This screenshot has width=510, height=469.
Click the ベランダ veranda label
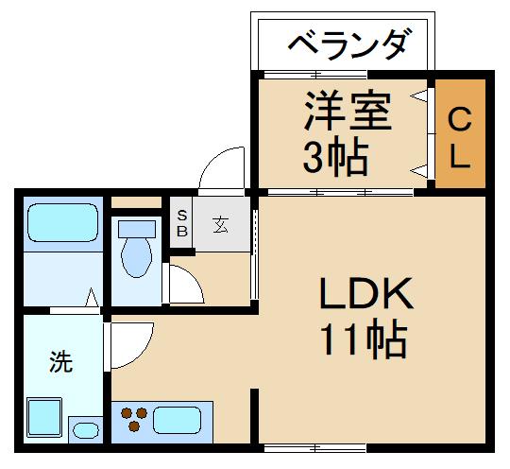click(x=348, y=43)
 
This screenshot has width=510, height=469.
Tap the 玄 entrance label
click(x=220, y=226)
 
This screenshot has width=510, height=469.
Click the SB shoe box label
click(x=182, y=224)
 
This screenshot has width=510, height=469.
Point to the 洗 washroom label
click(x=60, y=361)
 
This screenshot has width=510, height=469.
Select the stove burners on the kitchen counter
click(x=133, y=418)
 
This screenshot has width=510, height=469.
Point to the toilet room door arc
click(x=185, y=284)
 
